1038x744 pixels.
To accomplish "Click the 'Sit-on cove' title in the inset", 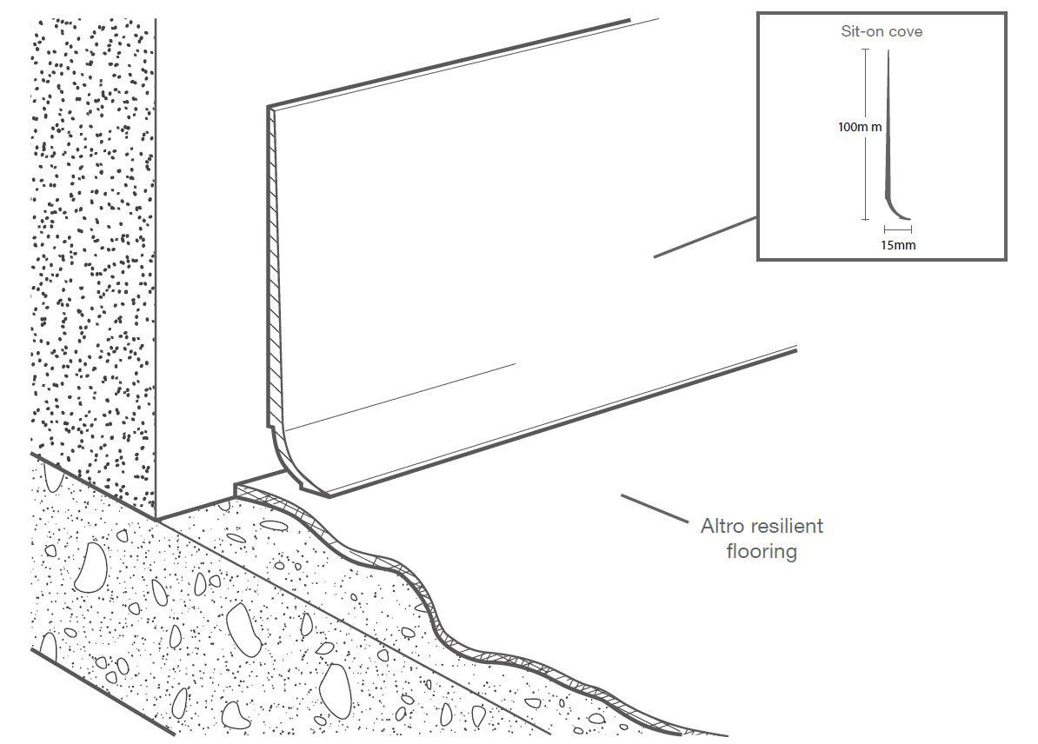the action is click(882, 32).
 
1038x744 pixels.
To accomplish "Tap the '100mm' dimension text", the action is click(860, 127).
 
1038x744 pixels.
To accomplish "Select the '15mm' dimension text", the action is click(898, 245).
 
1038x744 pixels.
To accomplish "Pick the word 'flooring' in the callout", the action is click(762, 551).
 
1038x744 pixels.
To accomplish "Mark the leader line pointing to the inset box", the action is click(704, 236).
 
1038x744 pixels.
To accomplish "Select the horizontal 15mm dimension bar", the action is click(898, 230).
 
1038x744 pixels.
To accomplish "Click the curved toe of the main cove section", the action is click(296, 474).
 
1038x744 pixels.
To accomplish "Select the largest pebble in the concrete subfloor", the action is click(90, 570).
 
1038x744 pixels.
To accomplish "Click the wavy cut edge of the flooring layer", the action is click(435, 608).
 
